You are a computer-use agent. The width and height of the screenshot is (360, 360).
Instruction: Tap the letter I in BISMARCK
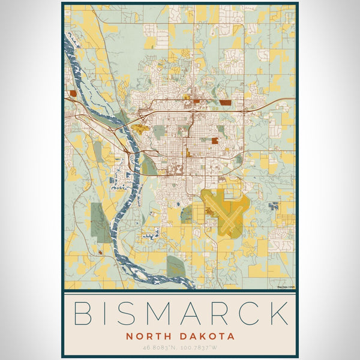(x=106, y=314)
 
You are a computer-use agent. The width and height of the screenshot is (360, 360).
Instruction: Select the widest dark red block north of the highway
(x=226, y=103)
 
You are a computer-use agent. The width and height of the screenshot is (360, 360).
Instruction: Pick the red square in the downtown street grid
(x=215, y=141)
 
